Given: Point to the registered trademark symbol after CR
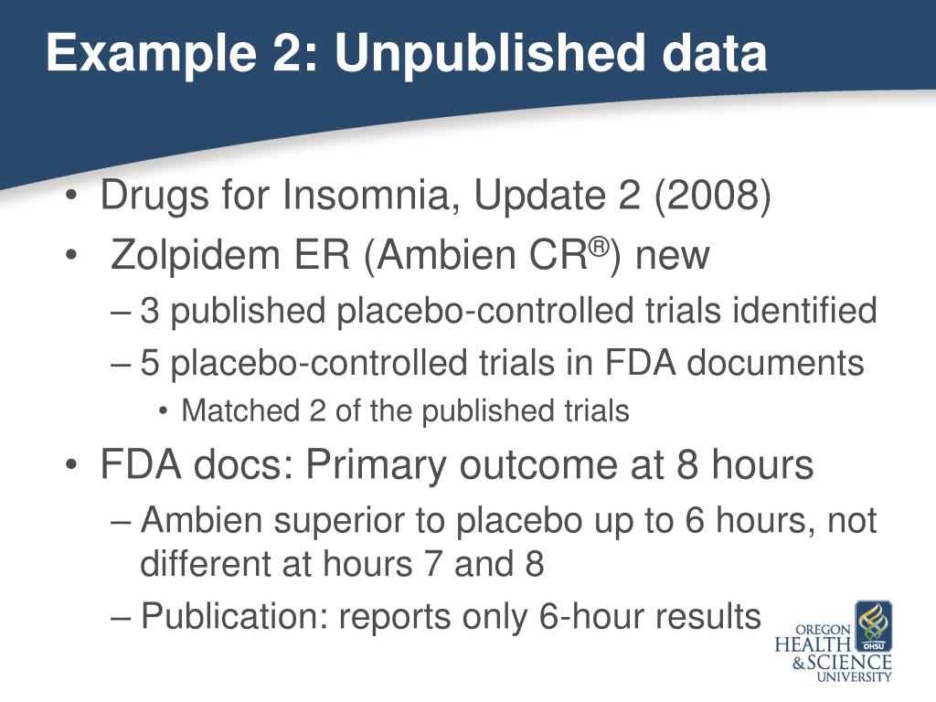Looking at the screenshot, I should point(599,246).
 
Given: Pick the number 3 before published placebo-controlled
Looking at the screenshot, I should point(151,312).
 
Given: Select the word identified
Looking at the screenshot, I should point(804,312).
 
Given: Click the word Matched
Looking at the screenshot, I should point(225,411).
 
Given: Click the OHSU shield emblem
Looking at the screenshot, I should point(873,626).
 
